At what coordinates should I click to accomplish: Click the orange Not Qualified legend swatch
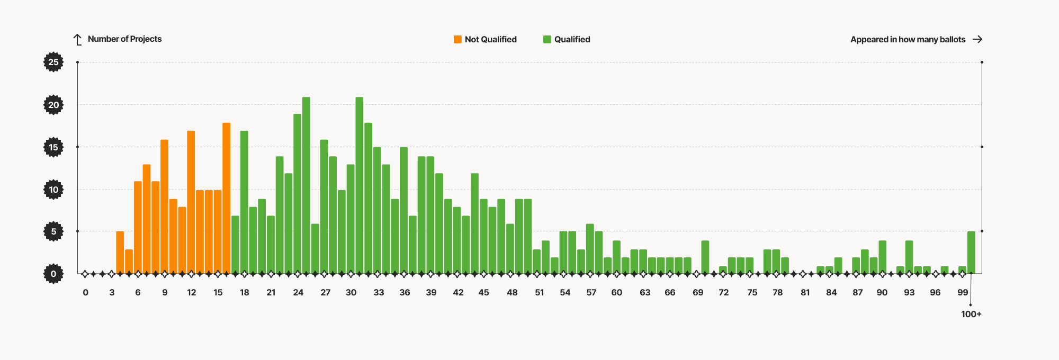[x=457, y=39]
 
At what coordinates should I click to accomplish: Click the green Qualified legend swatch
[x=547, y=39]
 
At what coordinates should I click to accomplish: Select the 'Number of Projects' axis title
[x=124, y=39]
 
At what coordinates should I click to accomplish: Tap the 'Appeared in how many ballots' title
[x=908, y=39]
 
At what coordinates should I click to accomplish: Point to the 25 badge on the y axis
[x=53, y=62]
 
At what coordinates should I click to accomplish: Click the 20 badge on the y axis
[x=53, y=105]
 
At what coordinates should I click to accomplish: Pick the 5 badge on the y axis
[x=53, y=231]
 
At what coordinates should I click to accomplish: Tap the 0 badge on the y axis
[x=53, y=274]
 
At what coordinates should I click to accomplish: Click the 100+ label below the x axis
[x=971, y=314]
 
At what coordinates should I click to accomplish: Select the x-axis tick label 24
[x=298, y=292]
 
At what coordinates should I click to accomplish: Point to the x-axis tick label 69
[x=698, y=292]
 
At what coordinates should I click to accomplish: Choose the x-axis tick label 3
[x=112, y=292]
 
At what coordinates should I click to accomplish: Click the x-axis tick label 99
[x=963, y=292]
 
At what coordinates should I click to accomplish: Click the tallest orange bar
[x=227, y=199]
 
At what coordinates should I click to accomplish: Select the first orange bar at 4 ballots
[x=120, y=253]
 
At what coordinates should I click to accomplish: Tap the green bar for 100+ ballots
[x=971, y=253]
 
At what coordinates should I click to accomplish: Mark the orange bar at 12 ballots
[x=191, y=202]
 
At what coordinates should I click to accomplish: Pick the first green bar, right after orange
[x=235, y=245]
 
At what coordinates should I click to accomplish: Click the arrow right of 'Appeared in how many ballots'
[x=977, y=39]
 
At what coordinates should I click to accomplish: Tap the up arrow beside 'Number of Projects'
[x=78, y=40]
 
